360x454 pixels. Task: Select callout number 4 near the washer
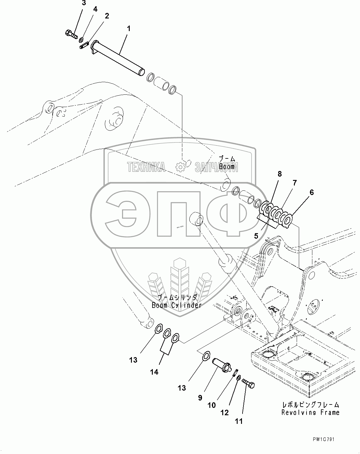(95, 9)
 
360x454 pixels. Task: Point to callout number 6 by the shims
(312, 193)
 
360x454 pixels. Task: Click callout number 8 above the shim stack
(279, 174)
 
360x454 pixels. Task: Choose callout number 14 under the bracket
(154, 372)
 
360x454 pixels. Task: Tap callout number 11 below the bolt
(239, 421)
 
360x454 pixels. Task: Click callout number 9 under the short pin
(200, 398)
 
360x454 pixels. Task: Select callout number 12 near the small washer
(225, 412)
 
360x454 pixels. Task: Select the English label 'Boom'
(227, 167)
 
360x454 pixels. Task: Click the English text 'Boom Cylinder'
(176, 305)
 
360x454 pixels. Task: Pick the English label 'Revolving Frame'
(311, 412)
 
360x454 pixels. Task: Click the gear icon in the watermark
(180, 167)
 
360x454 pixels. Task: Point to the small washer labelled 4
(81, 40)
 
